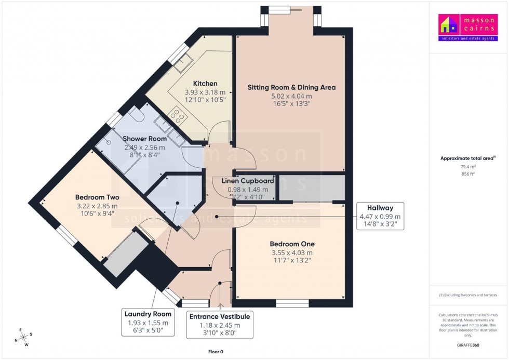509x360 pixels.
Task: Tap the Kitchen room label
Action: click(205, 84)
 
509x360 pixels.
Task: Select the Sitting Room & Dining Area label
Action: click(291, 87)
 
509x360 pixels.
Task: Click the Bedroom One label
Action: click(292, 244)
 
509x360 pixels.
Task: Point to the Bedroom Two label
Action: click(97, 197)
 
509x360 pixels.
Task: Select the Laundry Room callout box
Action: click(148, 323)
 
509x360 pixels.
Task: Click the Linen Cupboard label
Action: click(248, 181)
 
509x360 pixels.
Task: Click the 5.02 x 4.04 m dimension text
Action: click(291, 96)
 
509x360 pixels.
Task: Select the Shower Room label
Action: click(144, 139)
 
